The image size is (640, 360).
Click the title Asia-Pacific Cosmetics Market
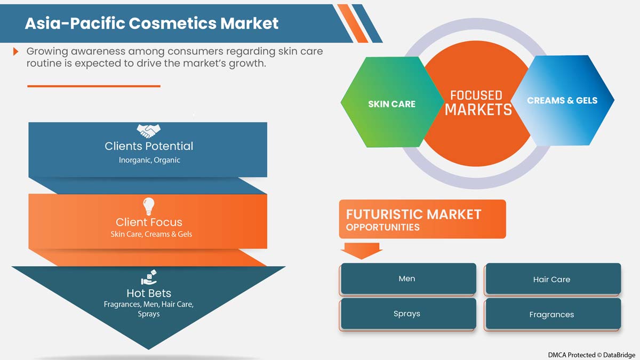click(152, 23)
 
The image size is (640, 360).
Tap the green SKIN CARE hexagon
click(391, 104)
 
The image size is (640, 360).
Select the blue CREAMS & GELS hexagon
click(562, 100)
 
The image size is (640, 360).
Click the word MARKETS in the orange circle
click(478, 110)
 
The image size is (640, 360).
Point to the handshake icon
click(148, 130)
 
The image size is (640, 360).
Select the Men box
click(407, 278)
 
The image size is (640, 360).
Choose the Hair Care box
click(552, 279)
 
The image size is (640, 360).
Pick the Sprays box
click(407, 314)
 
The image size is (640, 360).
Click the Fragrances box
click(552, 314)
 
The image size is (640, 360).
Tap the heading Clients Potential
click(149, 146)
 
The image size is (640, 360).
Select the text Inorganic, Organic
click(149, 160)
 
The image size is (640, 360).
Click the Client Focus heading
click(149, 222)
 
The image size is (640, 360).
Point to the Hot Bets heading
click(149, 293)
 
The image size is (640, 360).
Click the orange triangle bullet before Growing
click(16, 51)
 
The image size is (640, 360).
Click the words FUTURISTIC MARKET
click(414, 214)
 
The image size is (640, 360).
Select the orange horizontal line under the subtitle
click(93, 85)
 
